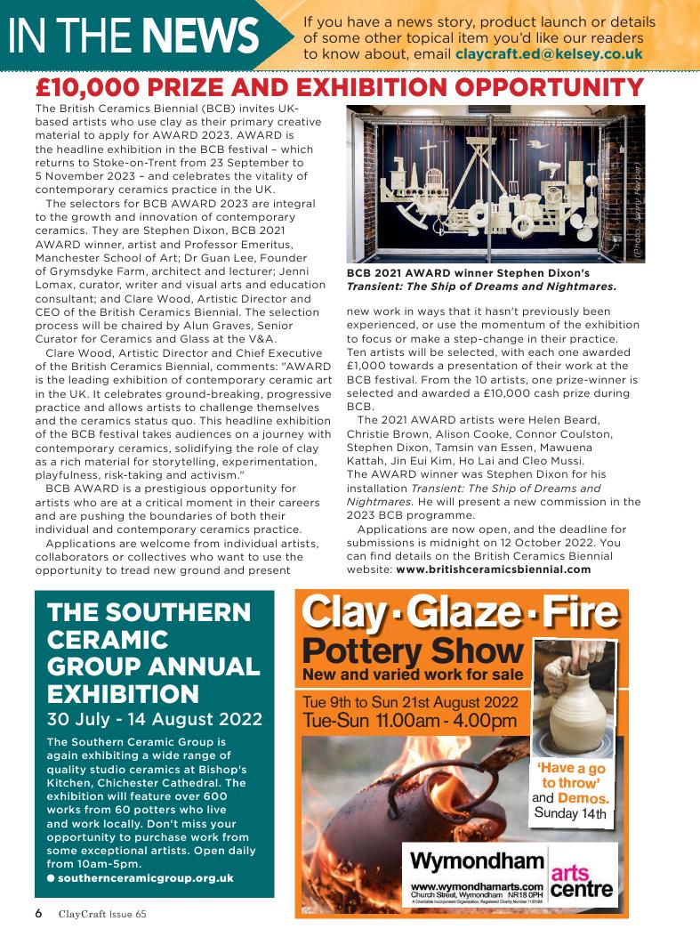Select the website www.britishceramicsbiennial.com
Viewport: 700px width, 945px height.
click(x=493, y=569)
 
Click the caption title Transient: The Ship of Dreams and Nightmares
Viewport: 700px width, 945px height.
click(x=481, y=287)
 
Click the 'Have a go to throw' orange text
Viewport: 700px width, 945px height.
click(x=571, y=776)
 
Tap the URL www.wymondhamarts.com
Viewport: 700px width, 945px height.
click(x=477, y=886)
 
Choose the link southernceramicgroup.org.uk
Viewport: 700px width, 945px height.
click(x=145, y=877)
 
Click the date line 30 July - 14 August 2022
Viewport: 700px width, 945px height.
click(x=154, y=718)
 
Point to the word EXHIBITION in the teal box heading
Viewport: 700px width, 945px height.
click(x=123, y=694)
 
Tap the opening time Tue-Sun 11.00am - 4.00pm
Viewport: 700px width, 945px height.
click(x=409, y=720)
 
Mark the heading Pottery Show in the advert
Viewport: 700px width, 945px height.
click(x=412, y=650)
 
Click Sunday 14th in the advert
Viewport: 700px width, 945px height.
click(x=570, y=813)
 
